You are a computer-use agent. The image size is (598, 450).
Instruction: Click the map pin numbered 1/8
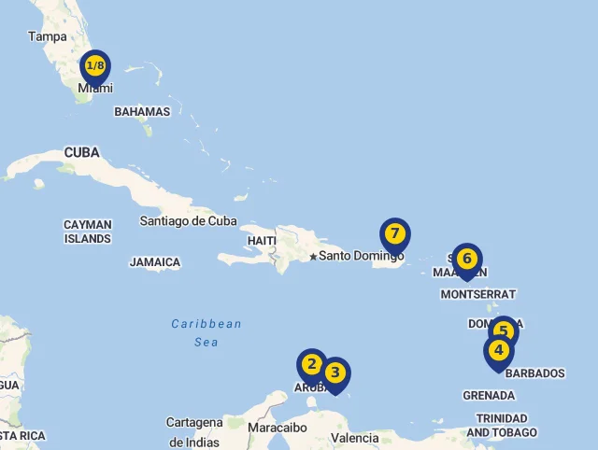pyautogui.click(x=95, y=66)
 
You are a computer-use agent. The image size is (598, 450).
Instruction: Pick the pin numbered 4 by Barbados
pyautogui.click(x=499, y=351)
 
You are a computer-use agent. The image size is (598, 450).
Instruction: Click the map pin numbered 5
pyautogui.click(x=503, y=331)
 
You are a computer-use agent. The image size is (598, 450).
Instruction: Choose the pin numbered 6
pyautogui.click(x=466, y=259)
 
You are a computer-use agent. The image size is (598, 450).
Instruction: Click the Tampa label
pyautogui.click(x=48, y=36)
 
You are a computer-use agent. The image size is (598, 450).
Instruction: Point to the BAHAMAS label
pyautogui.click(x=142, y=111)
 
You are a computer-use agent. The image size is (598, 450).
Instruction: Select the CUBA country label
pyautogui.click(x=81, y=152)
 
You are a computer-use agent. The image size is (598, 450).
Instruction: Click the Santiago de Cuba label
pyautogui.click(x=188, y=221)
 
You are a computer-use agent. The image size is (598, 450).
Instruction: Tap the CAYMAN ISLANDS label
pyautogui.click(x=88, y=232)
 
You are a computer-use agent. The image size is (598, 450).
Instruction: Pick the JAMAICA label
pyautogui.click(x=155, y=262)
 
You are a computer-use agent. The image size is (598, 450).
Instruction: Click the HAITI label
pyautogui.click(x=262, y=241)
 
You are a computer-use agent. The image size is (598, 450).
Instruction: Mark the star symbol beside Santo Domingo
pyautogui.click(x=313, y=256)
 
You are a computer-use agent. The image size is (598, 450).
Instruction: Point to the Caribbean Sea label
pyautogui.click(x=206, y=333)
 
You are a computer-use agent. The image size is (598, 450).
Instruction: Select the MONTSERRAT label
pyautogui.click(x=477, y=294)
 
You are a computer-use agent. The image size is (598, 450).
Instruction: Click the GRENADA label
pyautogui.click(x=489, y=395)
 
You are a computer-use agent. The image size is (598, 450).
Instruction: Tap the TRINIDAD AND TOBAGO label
pyautogui.click(x=502, y=425)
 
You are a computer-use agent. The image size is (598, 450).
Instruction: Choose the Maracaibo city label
pyautogui.click(x=278, y=428)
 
